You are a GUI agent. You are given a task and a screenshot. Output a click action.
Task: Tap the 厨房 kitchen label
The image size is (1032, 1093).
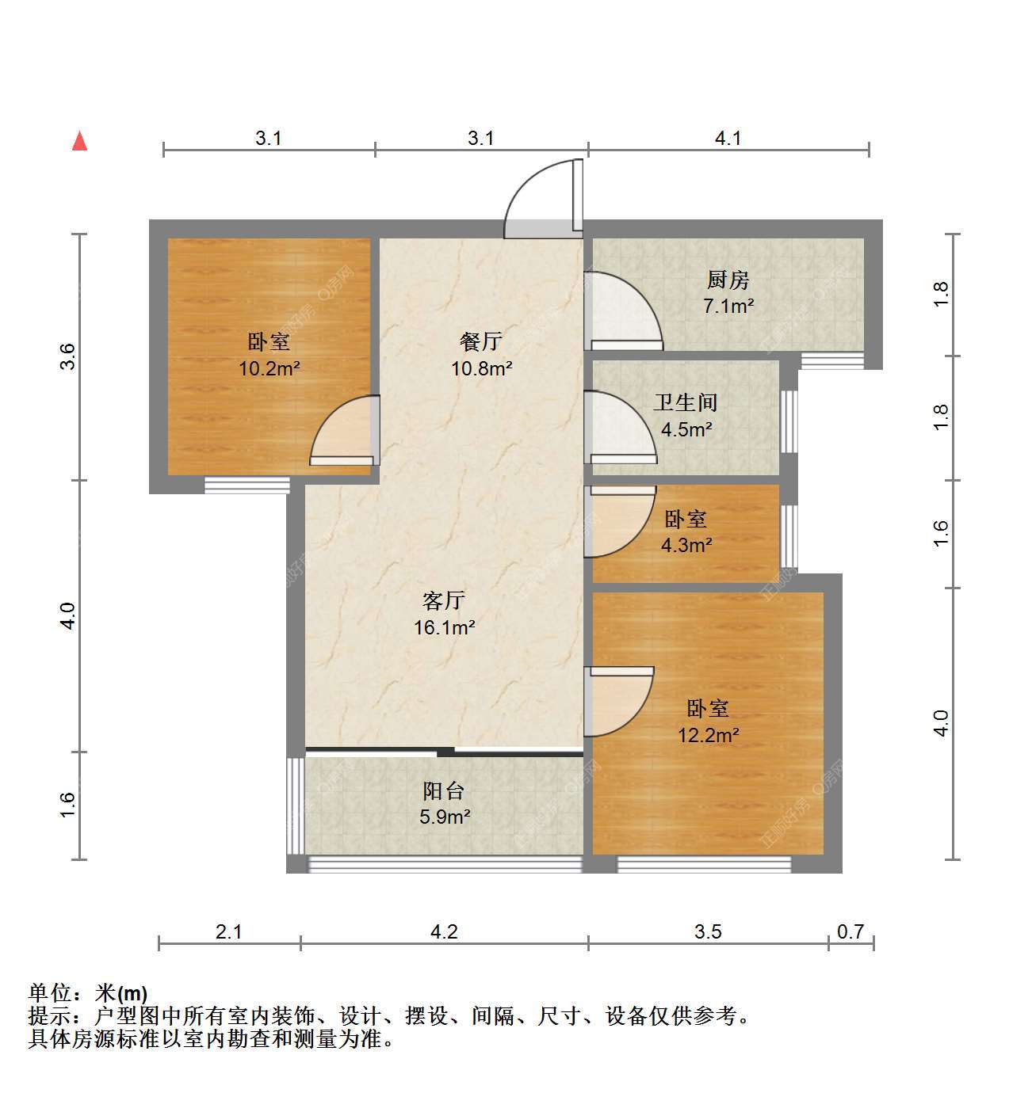click(x=728, y=280)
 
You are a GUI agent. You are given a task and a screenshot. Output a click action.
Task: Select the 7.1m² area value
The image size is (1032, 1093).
click(x=728, y=306)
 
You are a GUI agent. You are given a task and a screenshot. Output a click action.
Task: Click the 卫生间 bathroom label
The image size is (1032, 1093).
click(x=686, y=403)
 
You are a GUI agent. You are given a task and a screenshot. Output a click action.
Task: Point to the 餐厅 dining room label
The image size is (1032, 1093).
click(x=481, y=342)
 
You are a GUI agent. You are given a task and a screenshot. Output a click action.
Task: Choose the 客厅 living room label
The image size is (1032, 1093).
click(x=444, y=600)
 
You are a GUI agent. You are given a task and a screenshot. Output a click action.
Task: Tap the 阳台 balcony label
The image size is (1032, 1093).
click(x=444, y=791)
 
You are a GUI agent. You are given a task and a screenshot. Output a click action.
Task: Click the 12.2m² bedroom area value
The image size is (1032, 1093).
click(x=708, y=735)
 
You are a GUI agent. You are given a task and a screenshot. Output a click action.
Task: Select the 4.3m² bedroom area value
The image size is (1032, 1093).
click(x=686, y=545)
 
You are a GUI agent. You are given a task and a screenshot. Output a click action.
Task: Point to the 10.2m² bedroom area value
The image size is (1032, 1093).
click(x=269, y=368)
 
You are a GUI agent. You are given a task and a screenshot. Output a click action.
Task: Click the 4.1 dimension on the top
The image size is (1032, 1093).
click(x=728, y=138)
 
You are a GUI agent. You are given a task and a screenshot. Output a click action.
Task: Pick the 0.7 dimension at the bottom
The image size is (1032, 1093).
click(x=850, y=931)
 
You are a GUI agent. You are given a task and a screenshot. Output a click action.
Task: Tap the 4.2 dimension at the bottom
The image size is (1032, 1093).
click(x=444, y=931)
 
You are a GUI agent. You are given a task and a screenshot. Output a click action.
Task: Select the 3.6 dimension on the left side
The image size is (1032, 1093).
click(x=67, y=356)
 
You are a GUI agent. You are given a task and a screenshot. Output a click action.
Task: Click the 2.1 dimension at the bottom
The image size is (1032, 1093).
click(x=228, y=931)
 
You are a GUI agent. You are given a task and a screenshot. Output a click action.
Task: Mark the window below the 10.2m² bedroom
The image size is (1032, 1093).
click(x=247, y=486)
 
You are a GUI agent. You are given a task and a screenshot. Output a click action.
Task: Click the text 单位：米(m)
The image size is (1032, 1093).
click(x=88, y=993)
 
